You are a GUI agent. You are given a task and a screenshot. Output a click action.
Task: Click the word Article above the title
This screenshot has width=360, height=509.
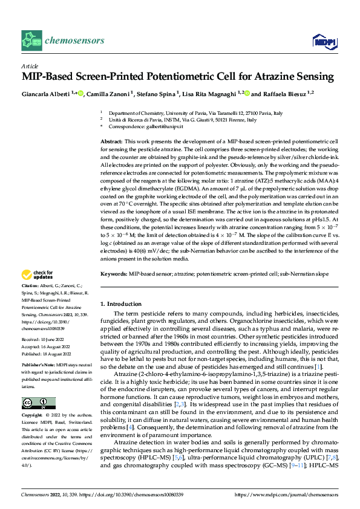[30, 65]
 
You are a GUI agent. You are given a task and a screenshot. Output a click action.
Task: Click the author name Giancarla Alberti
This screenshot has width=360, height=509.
[46, 94]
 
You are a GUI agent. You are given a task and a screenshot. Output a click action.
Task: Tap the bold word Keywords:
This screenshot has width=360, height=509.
[113, 274]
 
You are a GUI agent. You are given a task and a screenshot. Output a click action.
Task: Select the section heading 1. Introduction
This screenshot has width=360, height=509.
[120, 303]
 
